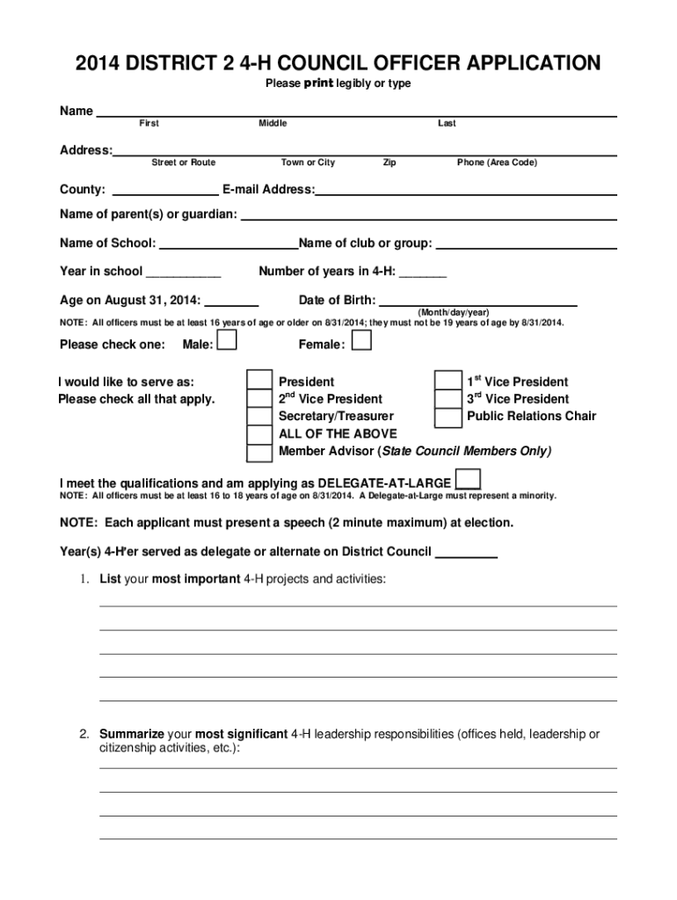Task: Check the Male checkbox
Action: pos(227,341)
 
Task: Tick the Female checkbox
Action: pos(361,341)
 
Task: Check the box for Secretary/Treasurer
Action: pos(258,416)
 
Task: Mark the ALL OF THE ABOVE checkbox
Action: pos(258,434)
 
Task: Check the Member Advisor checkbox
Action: pos(258,453)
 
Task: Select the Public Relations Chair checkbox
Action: pos(448,416)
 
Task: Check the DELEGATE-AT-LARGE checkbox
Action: pos(469,480)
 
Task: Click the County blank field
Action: pos(166,190)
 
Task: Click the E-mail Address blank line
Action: pos(465,190)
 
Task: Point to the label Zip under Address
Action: pos(389,163)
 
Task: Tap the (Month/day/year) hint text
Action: pos(454,312)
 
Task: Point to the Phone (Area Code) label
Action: pos(497,163)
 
